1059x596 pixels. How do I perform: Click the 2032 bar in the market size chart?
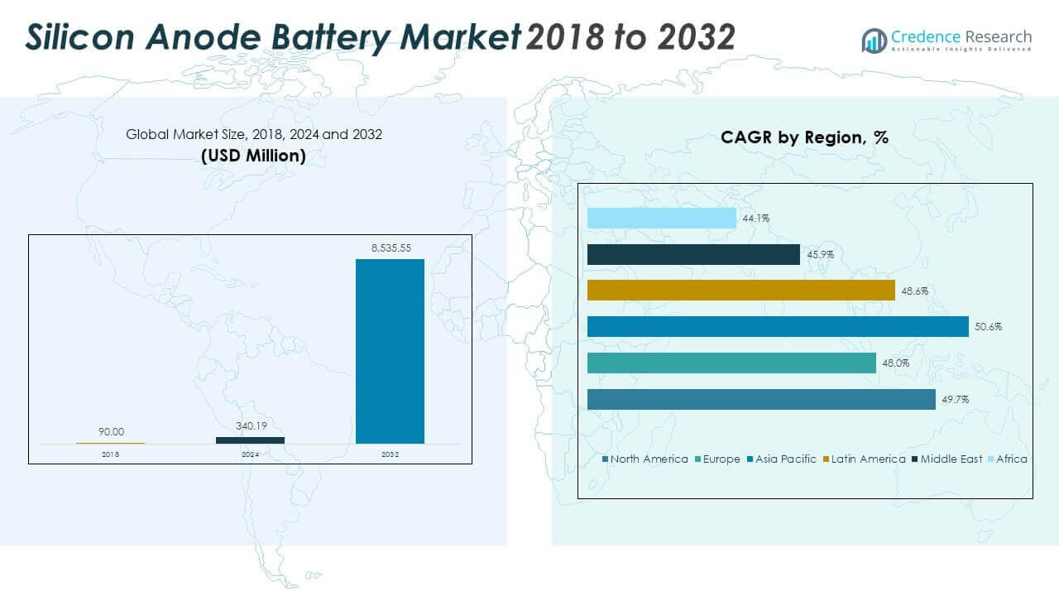click(390, 351)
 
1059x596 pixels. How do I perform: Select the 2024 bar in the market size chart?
click(250, 440)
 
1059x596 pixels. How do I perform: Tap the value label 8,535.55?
click(390, 248)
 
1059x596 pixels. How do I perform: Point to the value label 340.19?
click(250, 426)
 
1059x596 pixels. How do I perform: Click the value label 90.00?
click(111, 431)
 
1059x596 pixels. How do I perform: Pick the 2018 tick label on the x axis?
click(111, 454)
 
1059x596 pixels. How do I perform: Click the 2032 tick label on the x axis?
click(390, 454)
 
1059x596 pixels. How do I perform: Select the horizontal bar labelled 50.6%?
click(777, 326)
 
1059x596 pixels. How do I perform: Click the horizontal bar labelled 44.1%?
click(661, 218)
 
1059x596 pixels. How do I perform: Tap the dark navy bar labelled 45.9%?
click(693, 254)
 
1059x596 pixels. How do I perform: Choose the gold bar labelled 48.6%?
click(740, 290)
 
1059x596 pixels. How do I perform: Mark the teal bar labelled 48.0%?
click(731, 363)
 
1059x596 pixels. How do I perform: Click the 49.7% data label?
click(955, 399)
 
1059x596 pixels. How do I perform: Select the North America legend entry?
click(645, 459)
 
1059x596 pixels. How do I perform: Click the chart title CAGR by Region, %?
click(804, 137)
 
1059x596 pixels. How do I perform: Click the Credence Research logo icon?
click(874, 40)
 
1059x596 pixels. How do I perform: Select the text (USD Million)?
click(253, 155)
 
